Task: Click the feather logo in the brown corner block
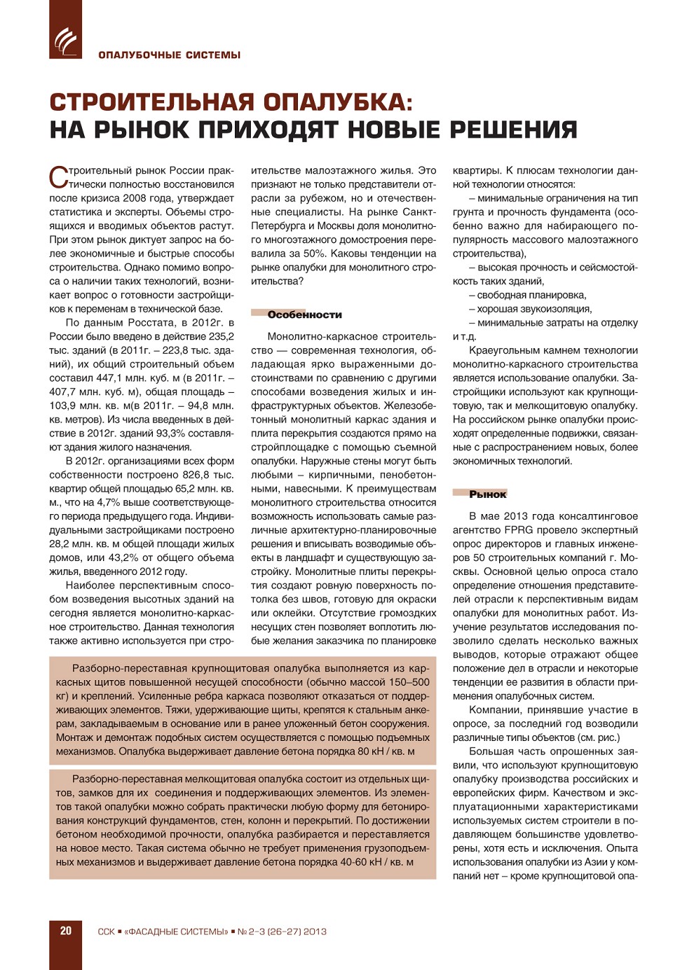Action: (65, 40)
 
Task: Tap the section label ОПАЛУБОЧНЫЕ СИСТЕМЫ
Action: (169, 55)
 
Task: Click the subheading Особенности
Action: (304, 314)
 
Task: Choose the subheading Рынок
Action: (487, 494)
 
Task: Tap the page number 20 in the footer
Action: (66, 931)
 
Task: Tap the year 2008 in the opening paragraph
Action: (136, 198)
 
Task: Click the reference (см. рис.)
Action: (598, 737)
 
